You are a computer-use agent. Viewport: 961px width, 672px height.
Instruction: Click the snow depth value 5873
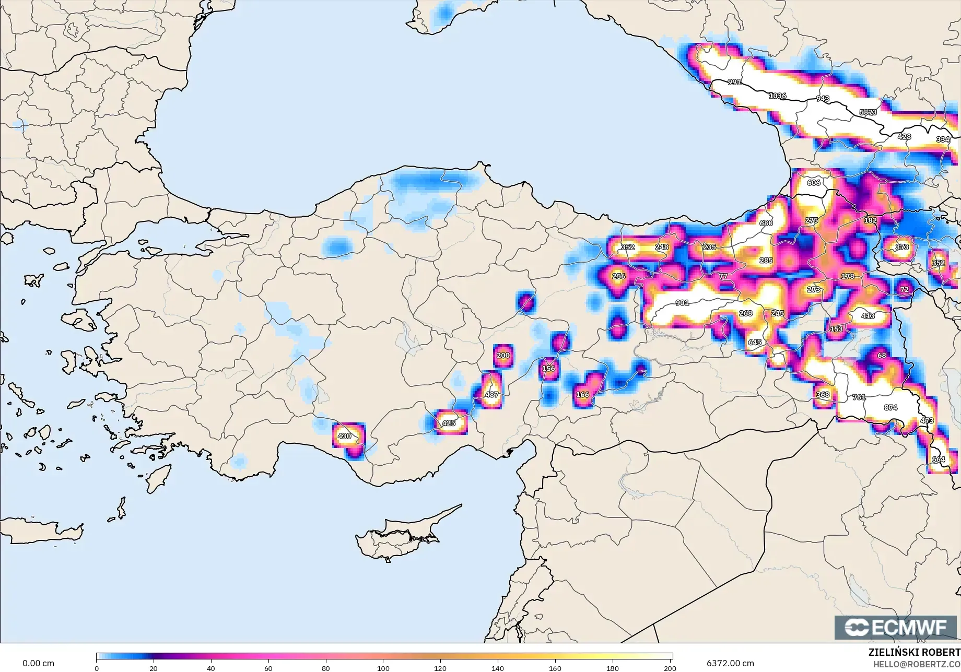[868, 112]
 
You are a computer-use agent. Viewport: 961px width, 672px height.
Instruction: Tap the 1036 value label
[777, 96]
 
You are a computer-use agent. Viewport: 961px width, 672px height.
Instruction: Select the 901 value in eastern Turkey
[682, 303]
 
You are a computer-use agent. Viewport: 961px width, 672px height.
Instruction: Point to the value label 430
[344, 436]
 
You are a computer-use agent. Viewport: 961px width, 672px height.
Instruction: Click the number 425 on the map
[449, 423]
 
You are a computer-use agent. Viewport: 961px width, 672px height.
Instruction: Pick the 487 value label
[491, 395]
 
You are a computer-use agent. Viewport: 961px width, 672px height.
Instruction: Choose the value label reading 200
[503, 355]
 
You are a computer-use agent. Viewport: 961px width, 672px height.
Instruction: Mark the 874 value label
[890, 407]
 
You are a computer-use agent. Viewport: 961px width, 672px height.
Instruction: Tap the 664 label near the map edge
[938, 459]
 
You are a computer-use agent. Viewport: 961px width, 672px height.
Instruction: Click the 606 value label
[814, 182]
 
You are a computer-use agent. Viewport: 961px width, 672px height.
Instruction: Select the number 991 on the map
[734, 82]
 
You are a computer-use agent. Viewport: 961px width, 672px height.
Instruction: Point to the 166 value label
[582, 395]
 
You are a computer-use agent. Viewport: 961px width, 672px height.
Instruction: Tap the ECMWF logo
[895, 627]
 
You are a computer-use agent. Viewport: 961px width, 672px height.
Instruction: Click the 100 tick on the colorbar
[383, 668]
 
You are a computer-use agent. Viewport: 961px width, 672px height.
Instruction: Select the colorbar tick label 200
[670, 668]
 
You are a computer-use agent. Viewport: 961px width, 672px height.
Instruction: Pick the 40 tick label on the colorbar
[211, 668]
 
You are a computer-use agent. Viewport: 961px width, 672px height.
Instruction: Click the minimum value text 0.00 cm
[38, 663]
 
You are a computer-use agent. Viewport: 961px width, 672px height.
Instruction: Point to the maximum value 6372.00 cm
[730, 663]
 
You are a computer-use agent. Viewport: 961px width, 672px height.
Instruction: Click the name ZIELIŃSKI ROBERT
[914, 652]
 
